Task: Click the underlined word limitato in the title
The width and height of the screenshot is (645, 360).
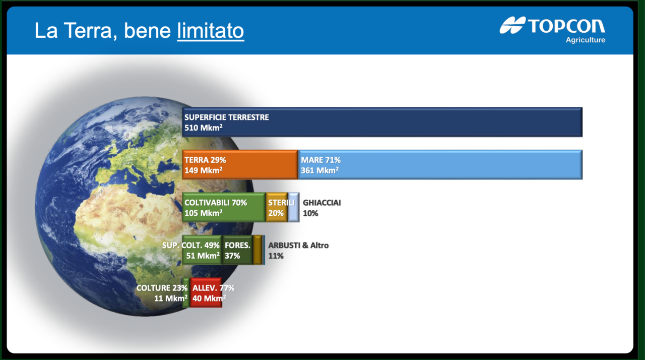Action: [211, 31]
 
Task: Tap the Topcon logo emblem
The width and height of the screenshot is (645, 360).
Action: [512, 25]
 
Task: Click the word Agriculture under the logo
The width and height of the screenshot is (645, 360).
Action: [586, 40]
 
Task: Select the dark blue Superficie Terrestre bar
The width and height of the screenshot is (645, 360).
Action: [382, 122]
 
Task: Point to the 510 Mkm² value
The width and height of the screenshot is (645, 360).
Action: [203, 128]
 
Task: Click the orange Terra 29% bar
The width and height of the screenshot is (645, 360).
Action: [240, 165]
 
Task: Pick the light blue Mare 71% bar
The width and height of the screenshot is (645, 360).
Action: [440, 165]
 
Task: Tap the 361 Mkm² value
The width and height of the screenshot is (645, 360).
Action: [319, 170]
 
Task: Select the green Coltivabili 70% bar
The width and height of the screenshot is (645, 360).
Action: [224, 207]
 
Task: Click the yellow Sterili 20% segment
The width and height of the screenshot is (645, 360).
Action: [277, 207]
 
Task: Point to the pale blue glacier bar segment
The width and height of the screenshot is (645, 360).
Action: [294, 207]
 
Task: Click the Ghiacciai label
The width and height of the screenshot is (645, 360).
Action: [321, 203]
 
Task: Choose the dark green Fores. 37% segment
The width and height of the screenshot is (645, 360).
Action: [237, 250]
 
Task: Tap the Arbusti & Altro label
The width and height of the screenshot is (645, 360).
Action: [298, 246]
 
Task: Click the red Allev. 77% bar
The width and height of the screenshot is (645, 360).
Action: [206, 292]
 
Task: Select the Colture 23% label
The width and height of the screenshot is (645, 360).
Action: [162, 288]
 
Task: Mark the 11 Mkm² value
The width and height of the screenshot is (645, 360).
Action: [171, 298]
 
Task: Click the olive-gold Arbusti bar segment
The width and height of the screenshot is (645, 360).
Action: [257, 250]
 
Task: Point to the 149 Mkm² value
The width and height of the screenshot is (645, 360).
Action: [203, 170]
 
